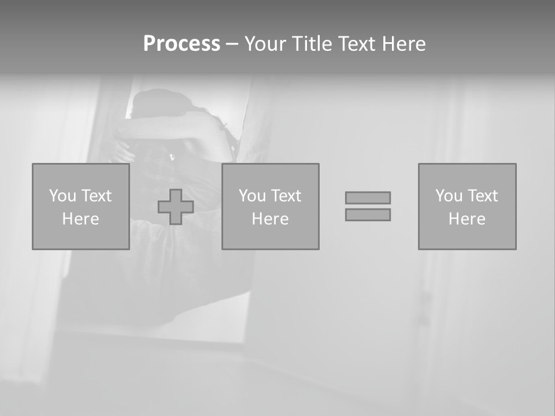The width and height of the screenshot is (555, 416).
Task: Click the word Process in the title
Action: click(x=182, y=44)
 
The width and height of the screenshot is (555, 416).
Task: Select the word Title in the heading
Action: click(x=312, y=44)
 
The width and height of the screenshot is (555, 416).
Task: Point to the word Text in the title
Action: click(x=357, y=44)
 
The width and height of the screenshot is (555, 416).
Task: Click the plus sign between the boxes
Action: click(x=176, y=207)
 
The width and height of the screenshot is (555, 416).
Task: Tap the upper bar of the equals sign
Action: click(x=368, y=198)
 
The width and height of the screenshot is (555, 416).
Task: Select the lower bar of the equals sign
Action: click(x=368, y=214)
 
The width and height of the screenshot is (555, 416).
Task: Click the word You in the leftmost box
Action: click(x=62, y=196)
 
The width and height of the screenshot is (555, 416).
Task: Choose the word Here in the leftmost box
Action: click(x=80, y=219)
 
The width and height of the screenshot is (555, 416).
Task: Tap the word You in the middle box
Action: click(x=252, y=196)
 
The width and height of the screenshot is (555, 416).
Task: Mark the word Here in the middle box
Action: click(x=270, y=219)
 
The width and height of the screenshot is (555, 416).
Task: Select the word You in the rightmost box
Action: click(x=449, y=196)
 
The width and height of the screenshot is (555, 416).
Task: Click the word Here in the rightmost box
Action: click(x=467, y=219)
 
